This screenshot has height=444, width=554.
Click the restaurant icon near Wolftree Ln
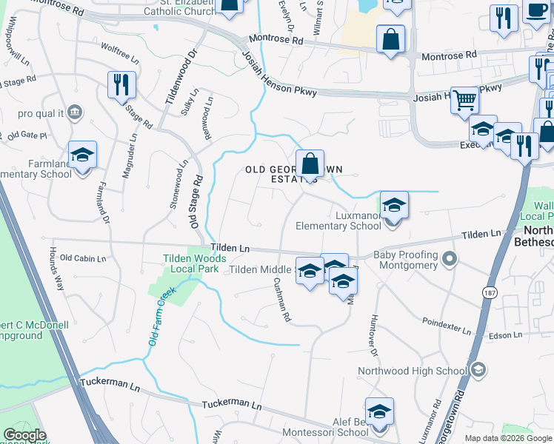coord(120,85)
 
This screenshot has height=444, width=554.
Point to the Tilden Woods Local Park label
coord(194,263)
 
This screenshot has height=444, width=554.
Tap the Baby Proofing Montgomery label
coord(406,260)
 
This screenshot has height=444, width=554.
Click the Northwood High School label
coord(412,371)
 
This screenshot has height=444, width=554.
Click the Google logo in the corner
coord(24,435)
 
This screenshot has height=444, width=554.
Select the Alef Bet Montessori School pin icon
coord(379,412)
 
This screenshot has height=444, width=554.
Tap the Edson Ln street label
coord(506,336)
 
